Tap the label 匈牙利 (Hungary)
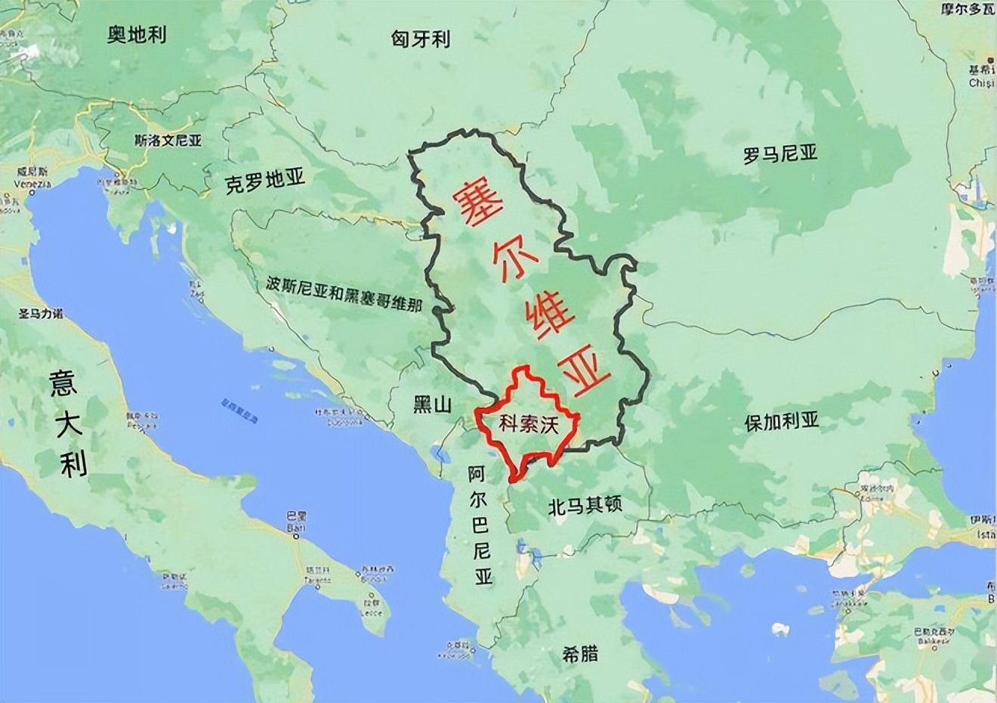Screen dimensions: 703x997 click(421, 39)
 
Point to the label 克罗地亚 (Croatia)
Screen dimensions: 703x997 click(264, 182)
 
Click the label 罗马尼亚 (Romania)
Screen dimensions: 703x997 click(780, 155)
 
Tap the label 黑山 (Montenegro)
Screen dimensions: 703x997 click(432, 404)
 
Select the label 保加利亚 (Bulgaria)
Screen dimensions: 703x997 click(781, 422)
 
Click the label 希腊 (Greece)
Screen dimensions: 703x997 click(580, 653)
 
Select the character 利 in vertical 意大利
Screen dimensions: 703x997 click(73, 463)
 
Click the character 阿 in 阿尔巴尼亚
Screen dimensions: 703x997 click(477, 475)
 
